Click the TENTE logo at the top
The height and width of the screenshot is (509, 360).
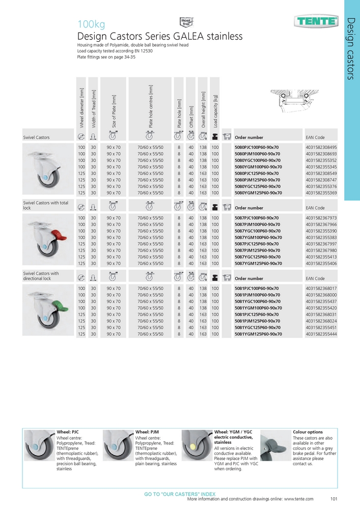(317, 21)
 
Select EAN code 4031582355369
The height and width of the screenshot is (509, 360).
(321, 193)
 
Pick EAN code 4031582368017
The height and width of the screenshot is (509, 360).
(321, 289)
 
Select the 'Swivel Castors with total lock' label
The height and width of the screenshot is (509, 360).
(45, 205)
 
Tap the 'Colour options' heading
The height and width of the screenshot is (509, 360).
(308, 432)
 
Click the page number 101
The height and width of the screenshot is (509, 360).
(334, 499)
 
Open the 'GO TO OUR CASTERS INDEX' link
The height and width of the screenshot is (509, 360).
(180, 494)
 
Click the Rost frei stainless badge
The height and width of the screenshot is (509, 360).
(184, 21)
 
